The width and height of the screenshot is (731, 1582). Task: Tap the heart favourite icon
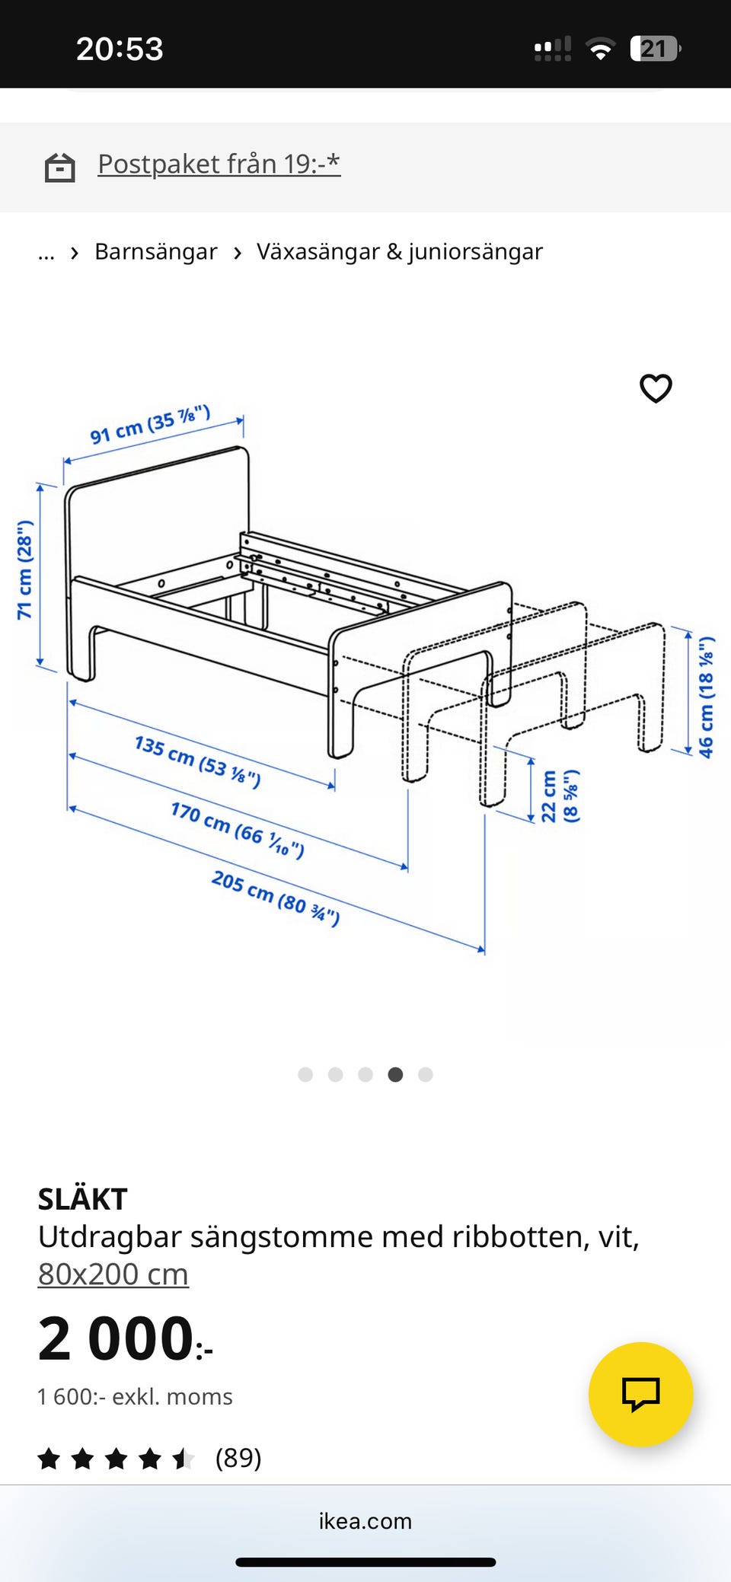[x=656, y=388]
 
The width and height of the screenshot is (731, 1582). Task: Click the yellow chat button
[x=640, y=1394]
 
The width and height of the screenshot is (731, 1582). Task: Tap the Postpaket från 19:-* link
[x=219, y=164]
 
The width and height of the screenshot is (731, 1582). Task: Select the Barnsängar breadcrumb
[x=155, y=251]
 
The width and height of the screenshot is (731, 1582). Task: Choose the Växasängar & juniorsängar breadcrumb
[x=400, y=251]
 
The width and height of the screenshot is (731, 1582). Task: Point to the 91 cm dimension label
[x=150, y=425]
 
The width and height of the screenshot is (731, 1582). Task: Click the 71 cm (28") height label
[x=25, y=569]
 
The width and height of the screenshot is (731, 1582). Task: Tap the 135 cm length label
[x=197, y=761]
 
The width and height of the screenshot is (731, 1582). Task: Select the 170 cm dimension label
[x=238, y=829]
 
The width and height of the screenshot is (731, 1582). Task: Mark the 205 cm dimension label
[x=276, y=898]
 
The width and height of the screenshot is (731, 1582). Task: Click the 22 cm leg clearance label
[x=560, y=796]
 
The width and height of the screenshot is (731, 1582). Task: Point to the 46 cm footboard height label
[x=706, y=697]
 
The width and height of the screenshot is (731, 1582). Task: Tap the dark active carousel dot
[x=395, y=1074]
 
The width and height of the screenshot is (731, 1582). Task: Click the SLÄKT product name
[x=82, y=1199]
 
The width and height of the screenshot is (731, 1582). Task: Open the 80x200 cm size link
[x=113, y=1274]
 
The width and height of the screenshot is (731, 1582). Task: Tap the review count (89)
[x=238, y=1457]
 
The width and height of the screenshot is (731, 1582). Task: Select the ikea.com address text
[x=365, y=1520]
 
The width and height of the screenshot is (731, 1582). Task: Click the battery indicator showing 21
[x=656, y=49]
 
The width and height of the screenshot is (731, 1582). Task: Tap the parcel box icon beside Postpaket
[x=60, y=167]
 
